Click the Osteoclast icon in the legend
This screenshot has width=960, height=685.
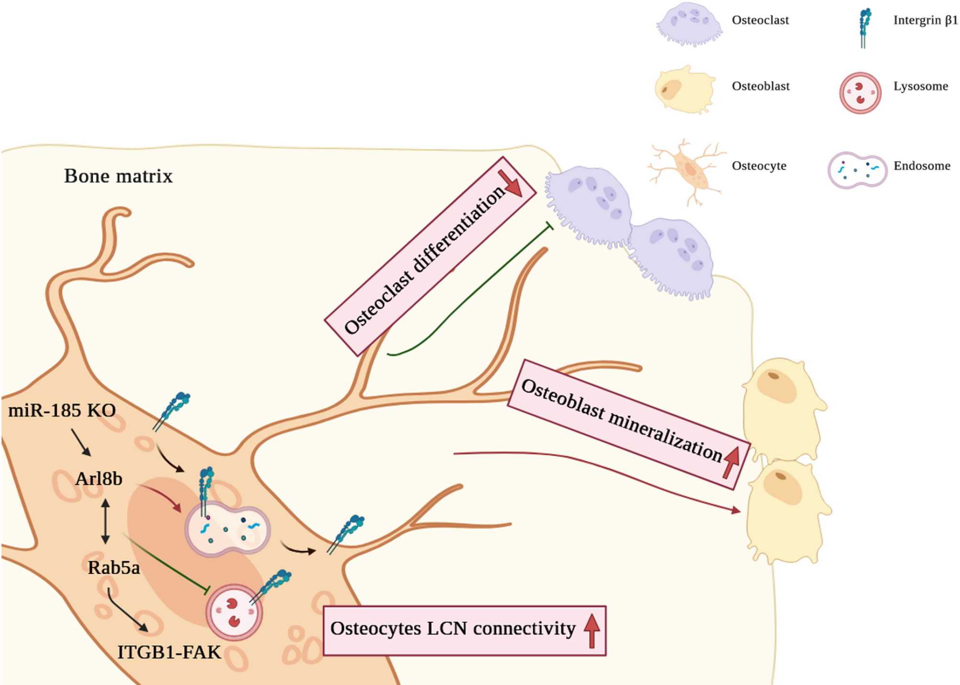pyautogui.click(x=689, y=24)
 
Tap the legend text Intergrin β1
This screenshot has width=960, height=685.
pyautogui.click(x=925, y=20)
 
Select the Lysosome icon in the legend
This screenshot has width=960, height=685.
pyautogui.click(x=860, y=93)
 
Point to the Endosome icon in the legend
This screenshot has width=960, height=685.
pyautogui.click(x=857, y=170)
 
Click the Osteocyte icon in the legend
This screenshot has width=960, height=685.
pyautogui.click(x=688, y=170)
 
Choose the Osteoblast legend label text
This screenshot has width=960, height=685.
pyautogui.click(x=760, y=86)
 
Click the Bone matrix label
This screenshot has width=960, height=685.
pyautogui.click(x=118, y=176)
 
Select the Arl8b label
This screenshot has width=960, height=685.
pyautogui.click(x=99, y=479)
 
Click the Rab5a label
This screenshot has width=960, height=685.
pyautogui.click(x=114, y=568)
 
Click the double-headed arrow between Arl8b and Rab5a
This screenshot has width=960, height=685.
pyautogui.click(x=106, y=521)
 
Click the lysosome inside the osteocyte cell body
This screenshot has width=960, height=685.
pyautogui.click(x=234, y=612)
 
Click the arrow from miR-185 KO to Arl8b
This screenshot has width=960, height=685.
pyautogui.click(x=81, y=442)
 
